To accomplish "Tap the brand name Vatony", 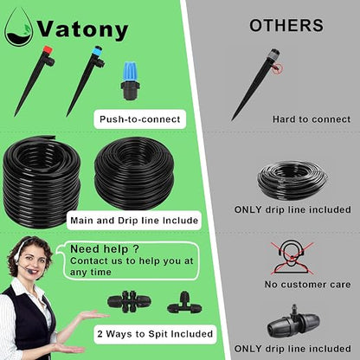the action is (83, 29).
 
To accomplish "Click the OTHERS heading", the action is (286, 25).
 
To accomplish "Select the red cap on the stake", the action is (48, 51).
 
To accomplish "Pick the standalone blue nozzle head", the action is (131, 80).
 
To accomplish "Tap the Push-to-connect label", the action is (140, 119).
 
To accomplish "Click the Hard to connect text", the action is (312, 119).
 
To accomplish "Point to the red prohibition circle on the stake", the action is (279, 68).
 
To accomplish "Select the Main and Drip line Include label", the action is (134, 221).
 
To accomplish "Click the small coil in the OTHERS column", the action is (293, 180).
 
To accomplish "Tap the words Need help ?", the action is (105, 249).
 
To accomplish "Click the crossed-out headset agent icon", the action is (292, 258).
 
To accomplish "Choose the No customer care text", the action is (307, 285).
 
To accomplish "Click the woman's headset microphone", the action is (29, 272).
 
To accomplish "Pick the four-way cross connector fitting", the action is (130, 302).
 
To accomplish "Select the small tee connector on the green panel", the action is (184, 303).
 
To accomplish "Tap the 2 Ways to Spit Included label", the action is (155, 334).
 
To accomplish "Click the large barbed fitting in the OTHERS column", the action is (293, 322).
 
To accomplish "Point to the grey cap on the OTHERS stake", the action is (273, 55).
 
